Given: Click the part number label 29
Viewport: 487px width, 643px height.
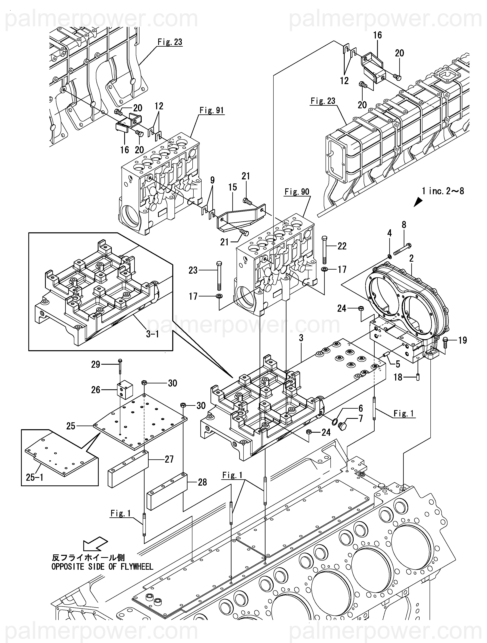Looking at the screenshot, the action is point(96,364).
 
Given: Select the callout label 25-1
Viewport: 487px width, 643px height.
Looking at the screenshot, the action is point(35,477).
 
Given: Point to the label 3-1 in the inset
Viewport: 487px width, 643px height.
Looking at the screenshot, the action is point(152,334).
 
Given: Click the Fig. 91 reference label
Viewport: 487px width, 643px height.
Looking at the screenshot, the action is point(212,111).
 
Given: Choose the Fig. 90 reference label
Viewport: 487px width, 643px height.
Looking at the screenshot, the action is point(297,192).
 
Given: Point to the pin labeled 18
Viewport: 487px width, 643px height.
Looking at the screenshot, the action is point(418,377).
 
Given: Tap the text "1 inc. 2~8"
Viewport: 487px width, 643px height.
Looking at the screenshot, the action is point(443,191).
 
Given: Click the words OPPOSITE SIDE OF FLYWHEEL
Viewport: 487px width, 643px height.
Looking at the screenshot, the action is point(102,567).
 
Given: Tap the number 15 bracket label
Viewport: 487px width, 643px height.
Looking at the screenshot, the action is point(233,187).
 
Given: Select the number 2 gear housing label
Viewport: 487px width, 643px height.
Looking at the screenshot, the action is point(411,258).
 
